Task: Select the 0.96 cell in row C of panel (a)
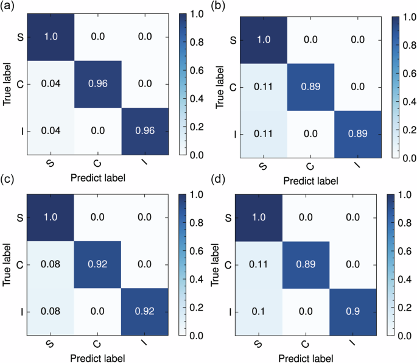(x=99, y=83)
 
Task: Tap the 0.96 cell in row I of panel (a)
(x=146, y=131)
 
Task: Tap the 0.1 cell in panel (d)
(x=259, y=311)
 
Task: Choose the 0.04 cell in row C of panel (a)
(x=52, y=83)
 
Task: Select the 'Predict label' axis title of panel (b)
(x=309, y=180)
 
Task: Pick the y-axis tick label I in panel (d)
(x=228, y=311)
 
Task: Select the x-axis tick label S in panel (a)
(x=51, y=165)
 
